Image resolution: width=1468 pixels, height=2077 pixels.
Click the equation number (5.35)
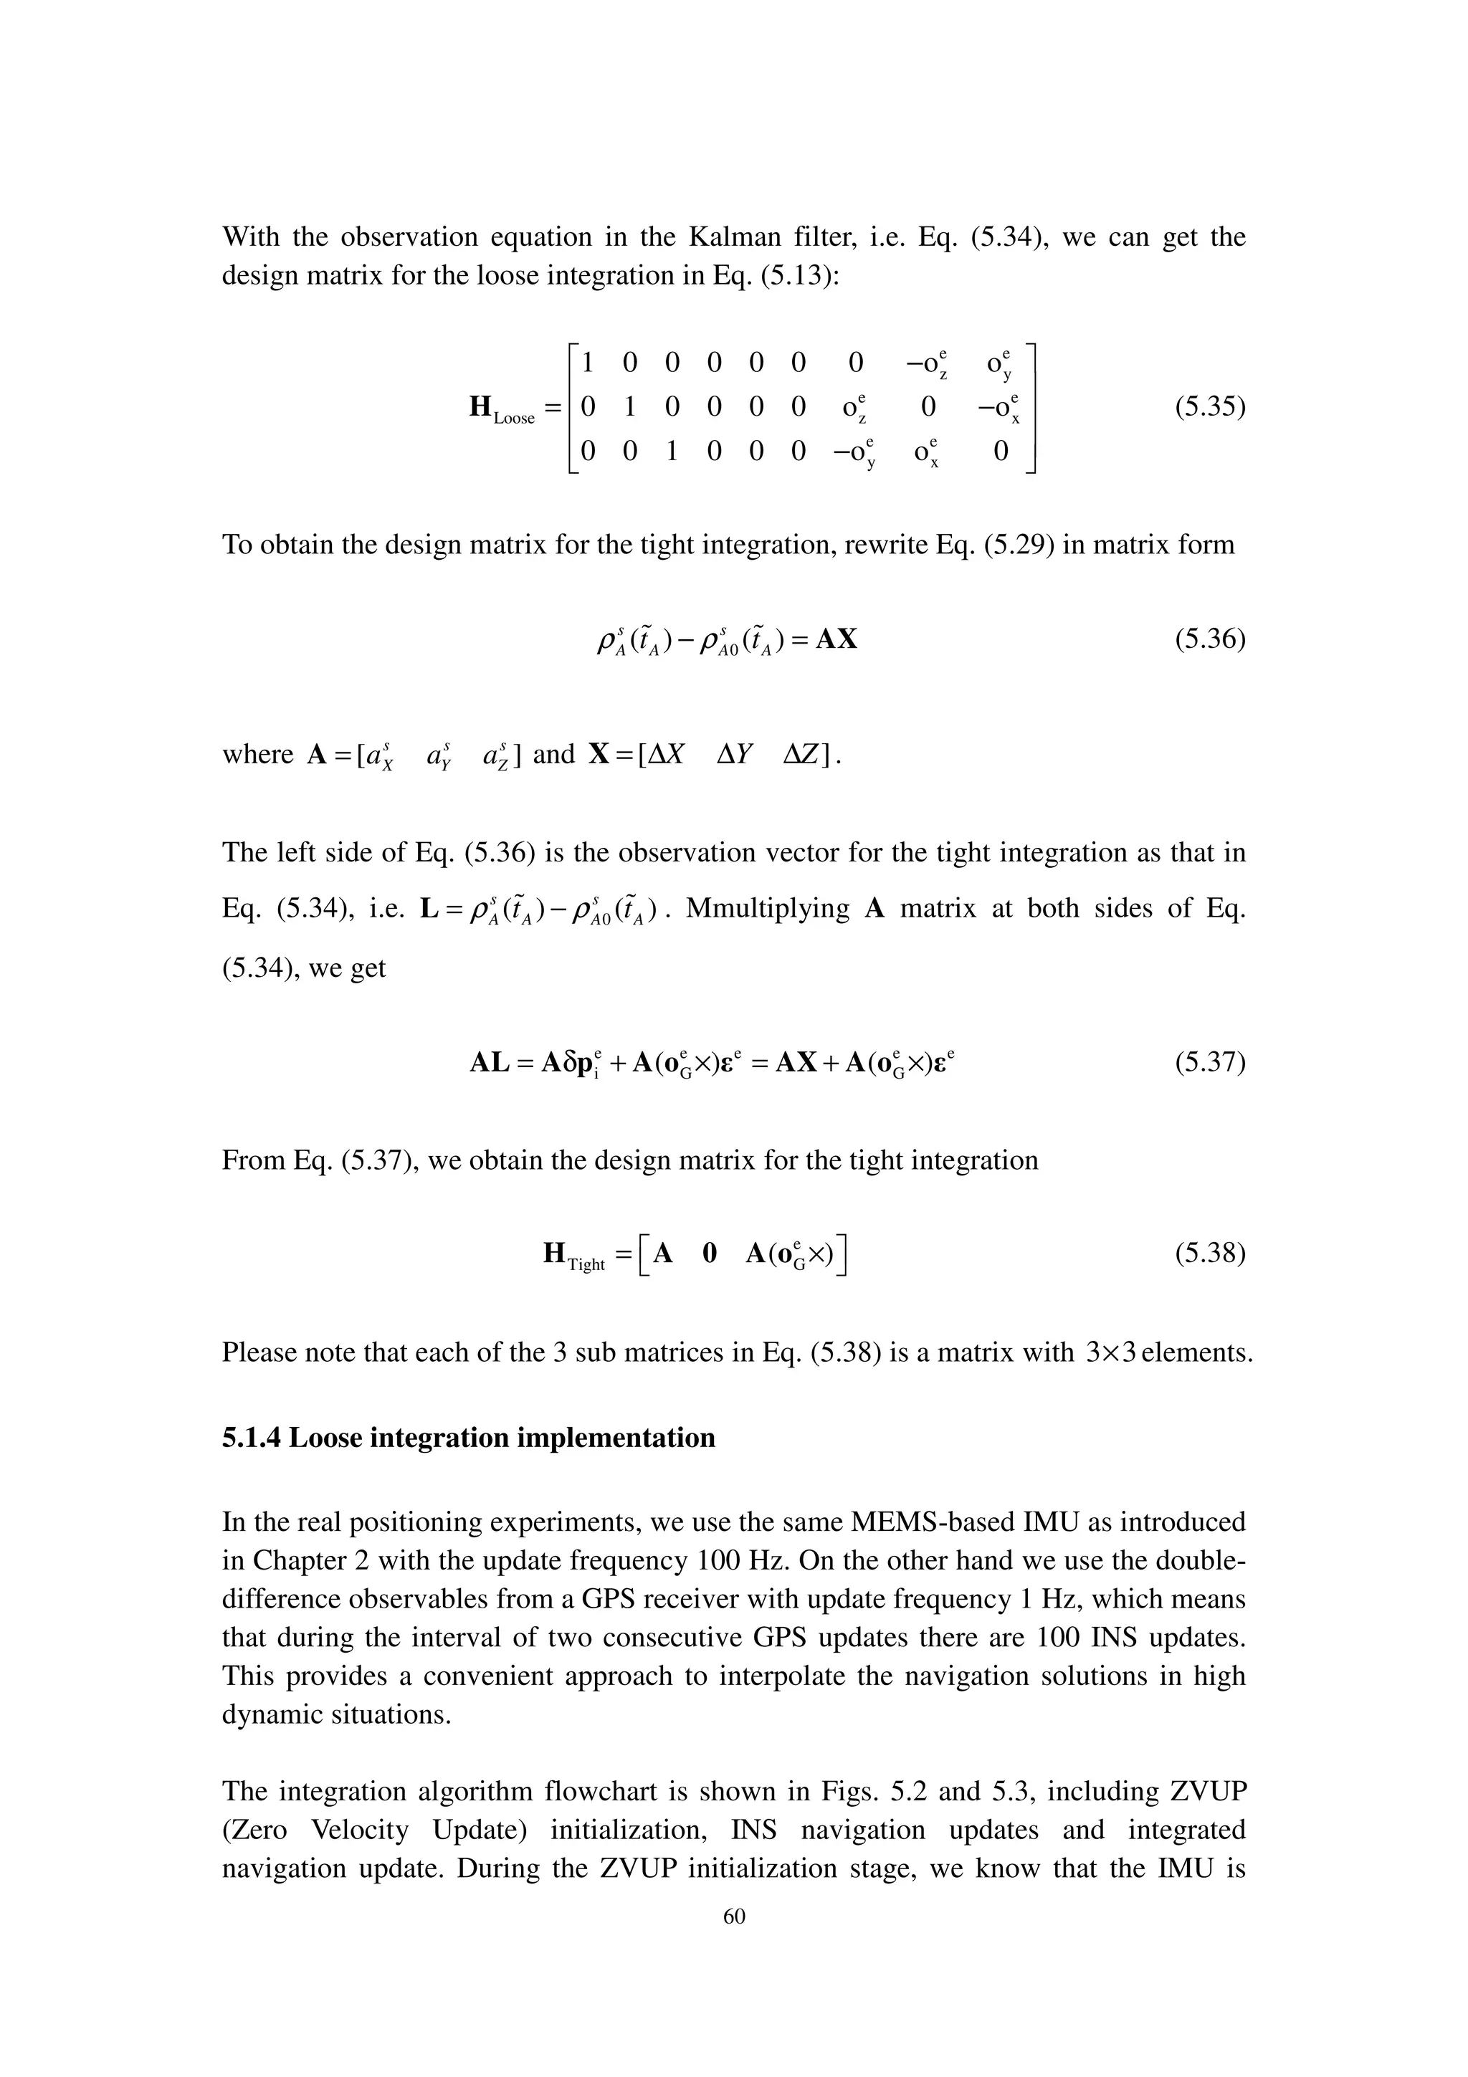[x=1209, y=407]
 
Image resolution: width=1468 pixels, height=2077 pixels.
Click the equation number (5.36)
[x=1209, y=641]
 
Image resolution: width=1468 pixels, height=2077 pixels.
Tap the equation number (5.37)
[x=1209, y=1062]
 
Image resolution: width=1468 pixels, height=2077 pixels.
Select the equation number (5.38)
[x=1209, y=1253]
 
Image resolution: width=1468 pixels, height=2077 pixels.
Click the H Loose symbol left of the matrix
[x=501, y=410]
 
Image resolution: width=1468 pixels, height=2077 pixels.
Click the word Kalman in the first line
[x=729, y=237]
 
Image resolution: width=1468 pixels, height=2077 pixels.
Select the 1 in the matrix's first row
[x=587, y=363]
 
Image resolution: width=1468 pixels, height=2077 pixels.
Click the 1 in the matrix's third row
[x=671, y=451]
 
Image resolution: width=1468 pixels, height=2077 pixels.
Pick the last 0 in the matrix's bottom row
[x=1001, y=451]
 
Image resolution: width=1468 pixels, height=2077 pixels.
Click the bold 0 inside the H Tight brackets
[x=709, y=1253]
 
